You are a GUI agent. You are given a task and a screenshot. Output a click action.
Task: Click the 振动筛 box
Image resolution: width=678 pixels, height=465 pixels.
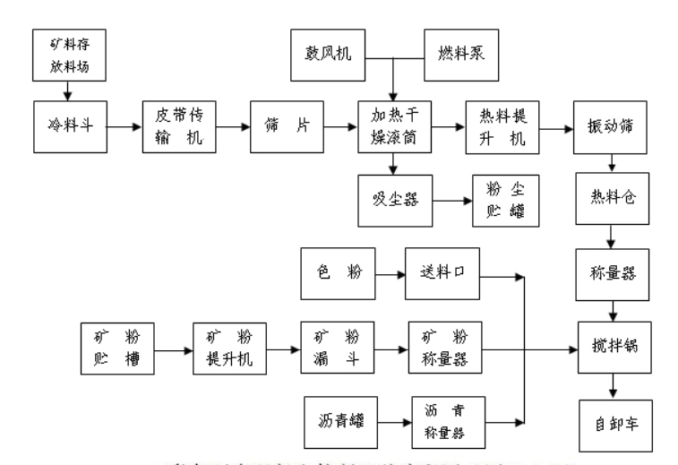coord(611,127)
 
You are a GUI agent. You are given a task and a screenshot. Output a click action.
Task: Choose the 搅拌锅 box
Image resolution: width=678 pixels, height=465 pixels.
coord(611,343)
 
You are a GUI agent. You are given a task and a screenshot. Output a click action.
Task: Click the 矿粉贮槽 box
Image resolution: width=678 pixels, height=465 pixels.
coord(116,343)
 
